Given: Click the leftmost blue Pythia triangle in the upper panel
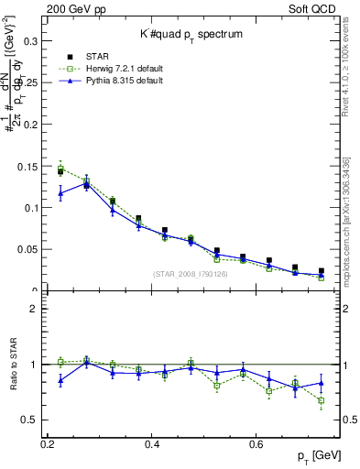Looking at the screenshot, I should click(x=60, y=193).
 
